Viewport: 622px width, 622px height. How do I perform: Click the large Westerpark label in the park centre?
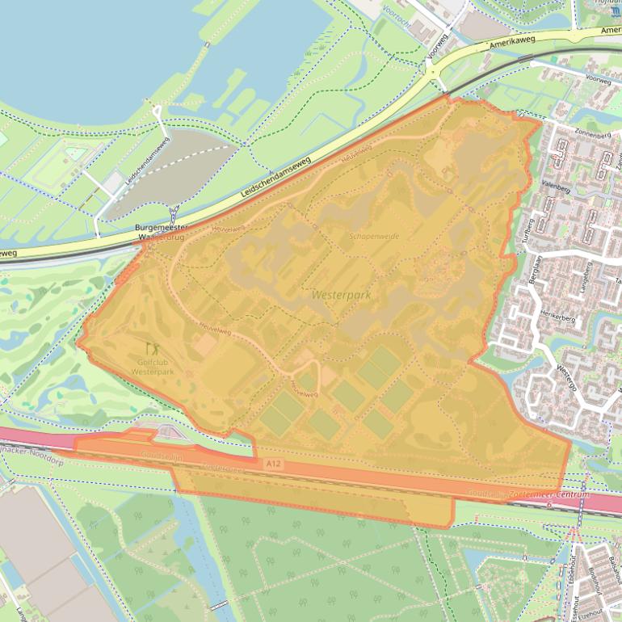341,296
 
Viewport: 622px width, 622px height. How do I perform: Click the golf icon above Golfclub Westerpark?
151,349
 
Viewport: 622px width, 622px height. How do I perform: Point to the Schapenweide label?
374,236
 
